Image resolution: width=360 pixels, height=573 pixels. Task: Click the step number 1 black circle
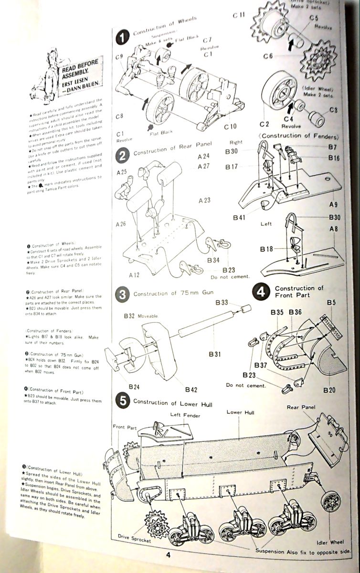[123, 36]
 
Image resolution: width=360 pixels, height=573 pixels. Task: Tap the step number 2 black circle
[123, 155]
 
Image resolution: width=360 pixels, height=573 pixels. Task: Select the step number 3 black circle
[123, 295]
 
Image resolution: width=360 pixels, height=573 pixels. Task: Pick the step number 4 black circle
[262, 292]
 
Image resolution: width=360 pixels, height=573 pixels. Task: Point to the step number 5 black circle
[123, 402]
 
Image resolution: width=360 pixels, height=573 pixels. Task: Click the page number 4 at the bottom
[168, 554]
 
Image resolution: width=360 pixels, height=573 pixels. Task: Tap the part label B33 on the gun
[222, 302]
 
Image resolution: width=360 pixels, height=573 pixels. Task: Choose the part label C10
[230, 127]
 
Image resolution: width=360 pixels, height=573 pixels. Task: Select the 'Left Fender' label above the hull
[186, 415]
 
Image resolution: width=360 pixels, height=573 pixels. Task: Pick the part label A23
[203, 201]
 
